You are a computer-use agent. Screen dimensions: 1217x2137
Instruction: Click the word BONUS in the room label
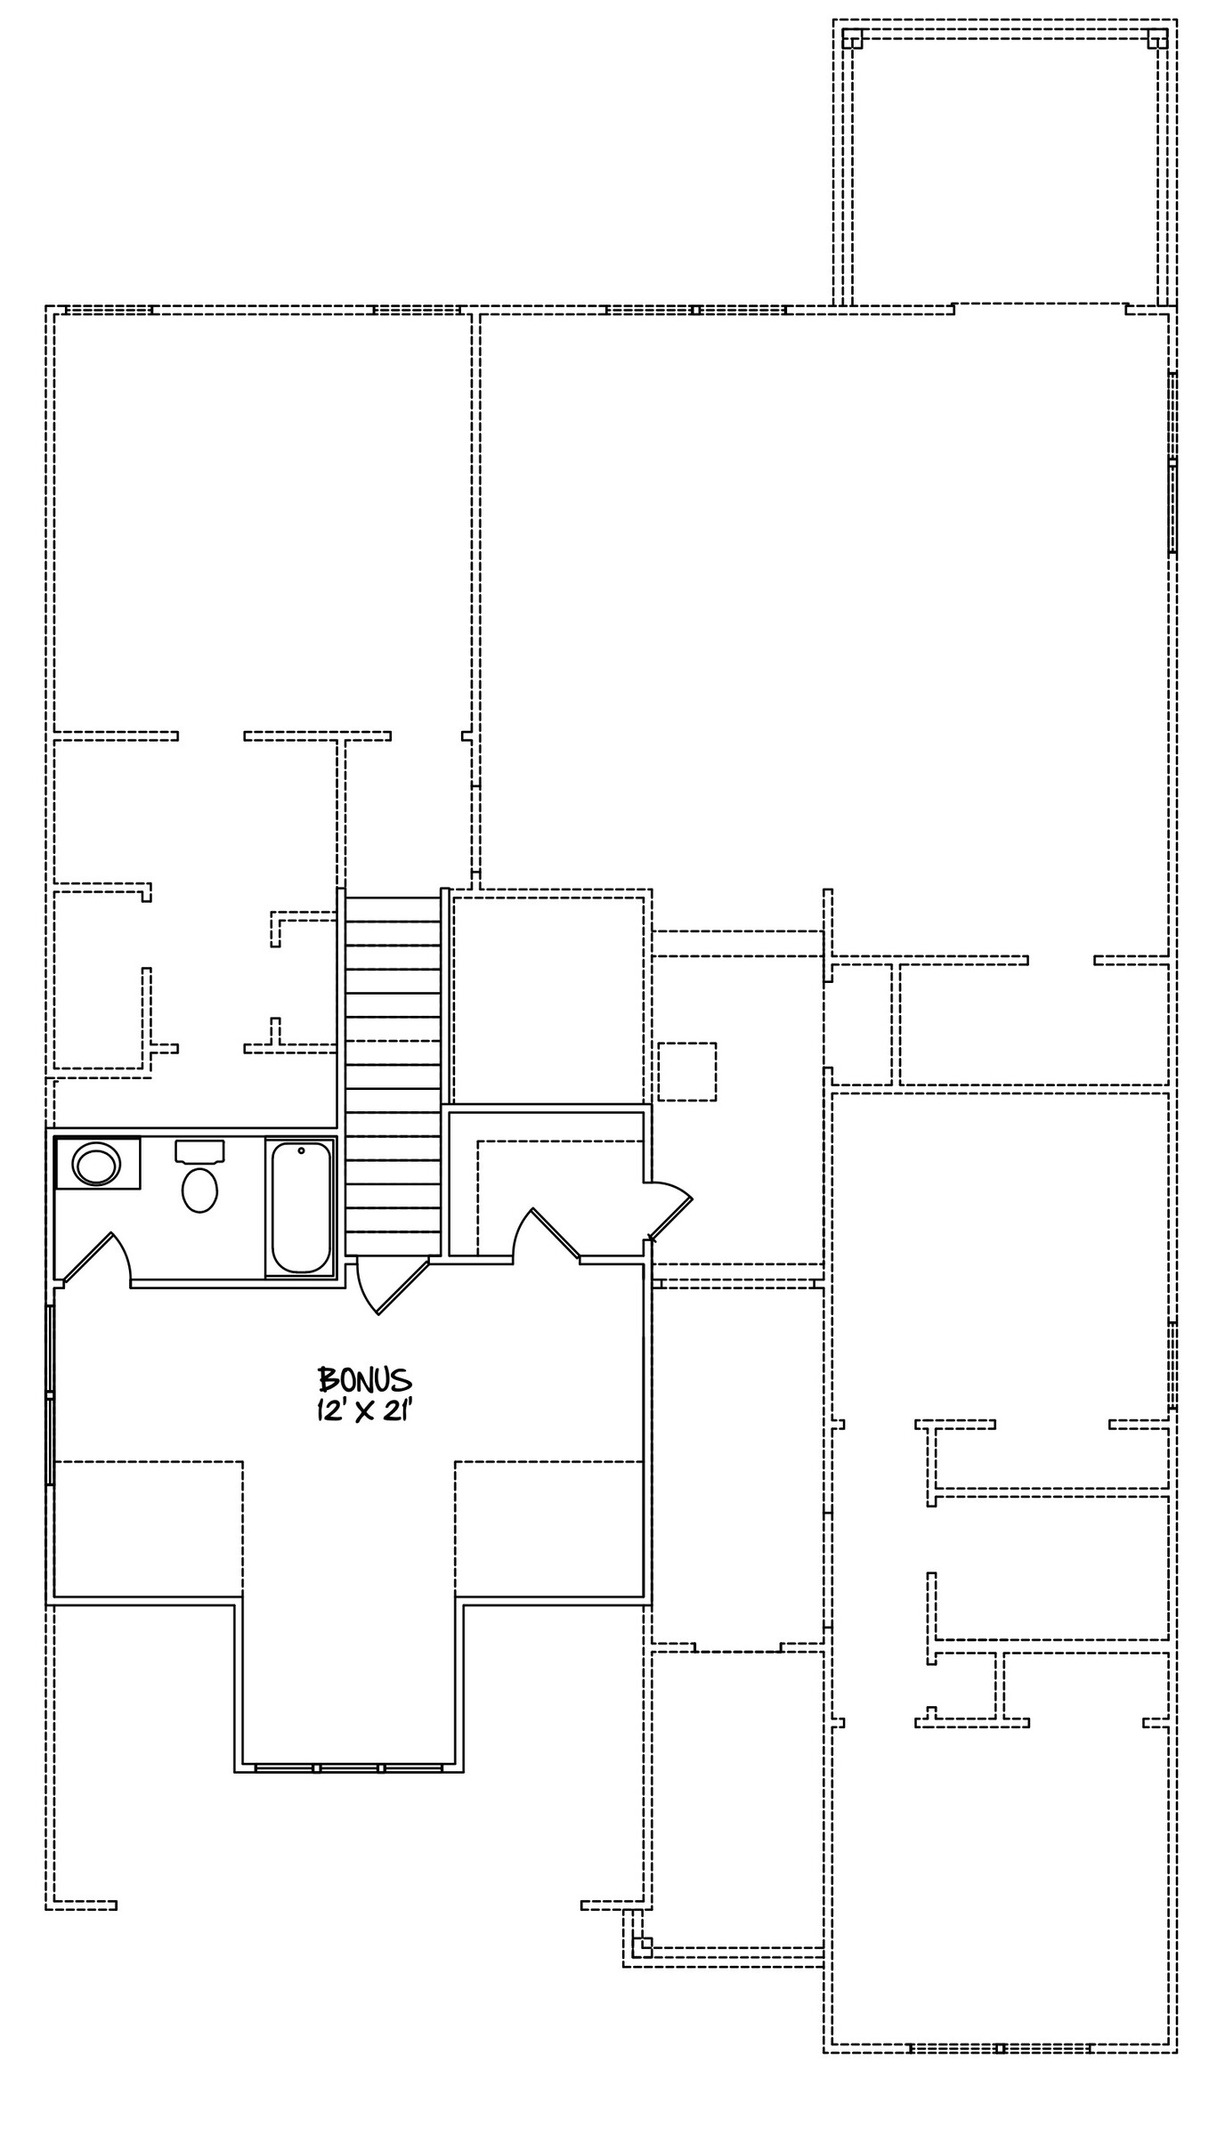click(x=365, y=1380)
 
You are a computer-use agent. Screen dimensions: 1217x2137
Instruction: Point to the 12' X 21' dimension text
click(x=364, y=1411)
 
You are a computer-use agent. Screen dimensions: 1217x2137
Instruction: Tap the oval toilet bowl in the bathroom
click(x=199, y=1190)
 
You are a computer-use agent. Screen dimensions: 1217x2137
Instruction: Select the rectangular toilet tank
click(x=199, y=1150)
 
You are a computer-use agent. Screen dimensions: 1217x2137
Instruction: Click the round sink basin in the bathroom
click(x=96, y=1165)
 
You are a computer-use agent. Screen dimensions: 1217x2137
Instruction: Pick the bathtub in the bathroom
click(x=301, y=1207)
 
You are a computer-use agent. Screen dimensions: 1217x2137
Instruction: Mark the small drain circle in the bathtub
click(x=301, y=1150)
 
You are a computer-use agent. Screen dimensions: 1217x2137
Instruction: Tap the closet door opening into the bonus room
click(x=545, y=1233)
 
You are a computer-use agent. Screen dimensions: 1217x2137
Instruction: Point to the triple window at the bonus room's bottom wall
click(x=349, y=1767)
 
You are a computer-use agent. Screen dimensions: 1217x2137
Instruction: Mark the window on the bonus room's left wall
click(x=51, y=1394)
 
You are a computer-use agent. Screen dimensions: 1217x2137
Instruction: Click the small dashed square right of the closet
click(x=687, y=1072)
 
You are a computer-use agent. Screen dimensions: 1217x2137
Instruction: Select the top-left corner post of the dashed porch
click(x=852, y=39)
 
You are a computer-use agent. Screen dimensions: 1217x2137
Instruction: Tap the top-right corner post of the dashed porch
click(x=1157, y=39)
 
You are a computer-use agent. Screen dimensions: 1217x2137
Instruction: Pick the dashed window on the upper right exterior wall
click(x=1172, y=463)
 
